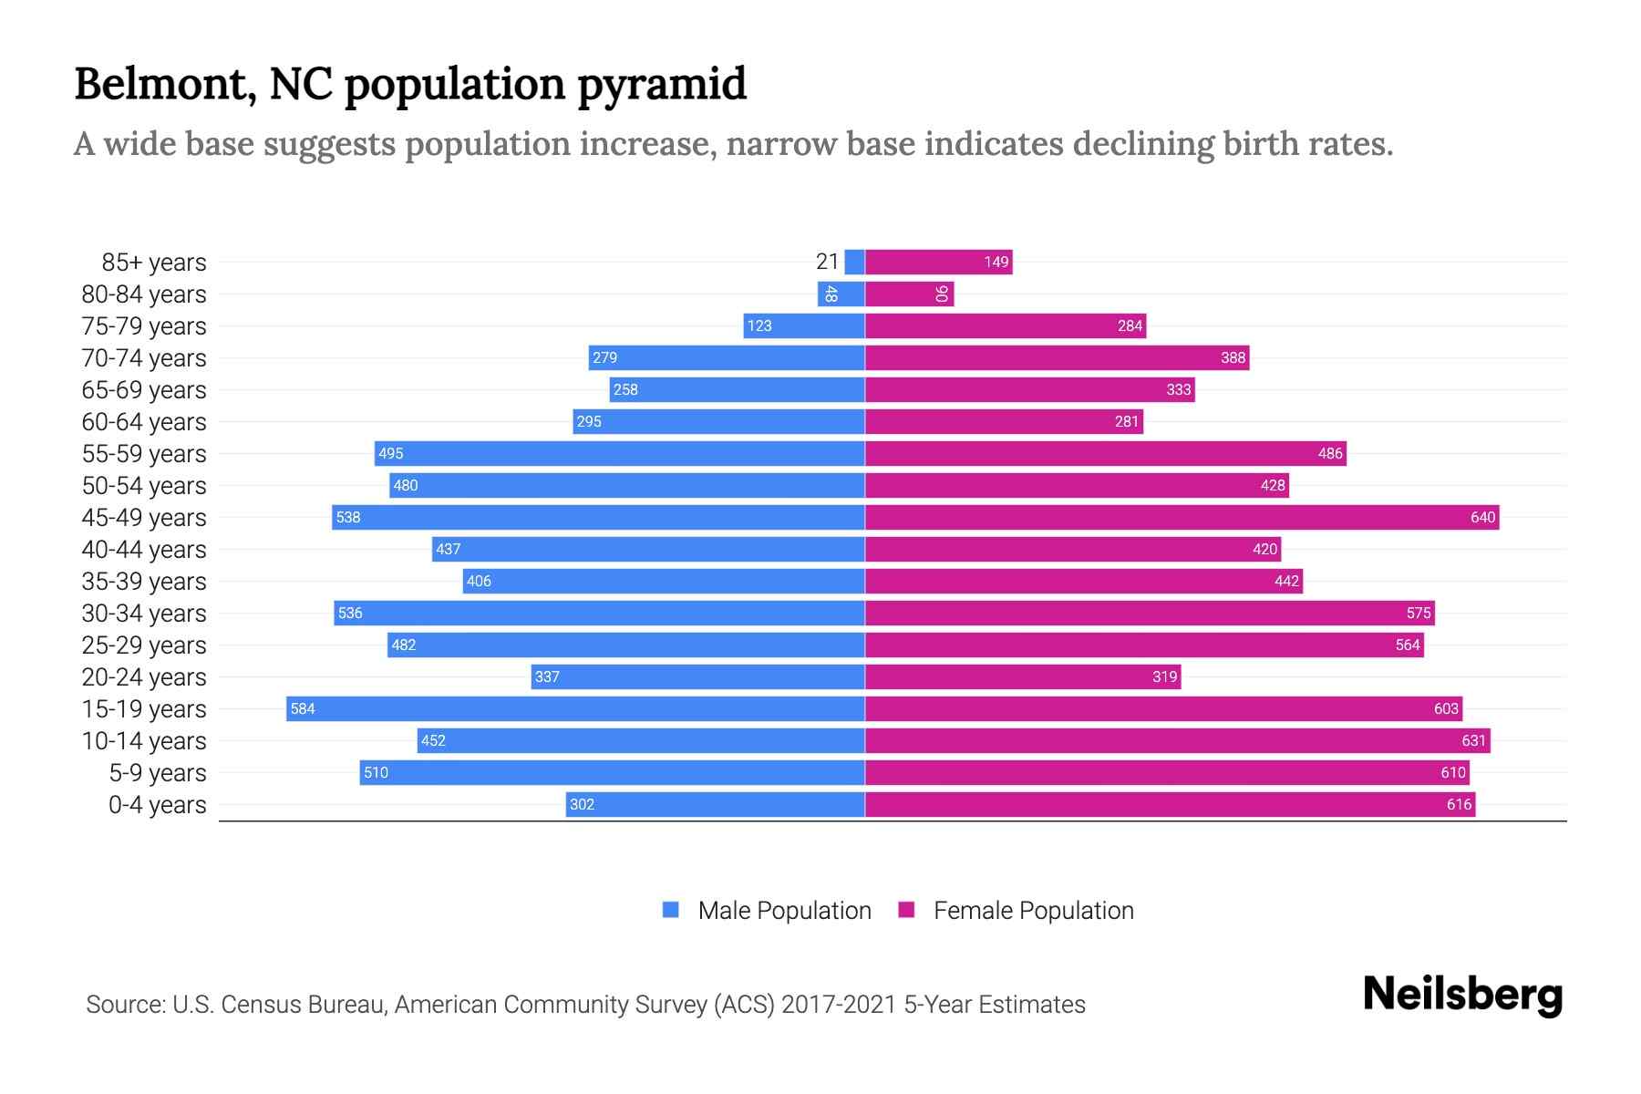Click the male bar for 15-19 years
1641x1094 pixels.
[575, 708]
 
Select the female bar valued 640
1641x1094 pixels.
[1182, 517]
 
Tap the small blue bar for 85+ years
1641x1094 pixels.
[854, 262]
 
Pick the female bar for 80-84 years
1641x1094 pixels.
[909, 294]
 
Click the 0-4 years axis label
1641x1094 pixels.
[157, 805]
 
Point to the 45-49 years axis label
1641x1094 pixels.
[144, 518]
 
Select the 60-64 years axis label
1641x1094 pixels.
[144, 422]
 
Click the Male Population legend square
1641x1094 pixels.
[671, 910]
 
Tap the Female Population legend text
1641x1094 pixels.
[1033, 911]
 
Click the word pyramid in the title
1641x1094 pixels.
[662, 85]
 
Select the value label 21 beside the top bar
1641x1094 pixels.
[827, 262]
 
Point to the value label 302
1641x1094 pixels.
[582, 804]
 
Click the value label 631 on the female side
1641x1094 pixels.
[1473, 740]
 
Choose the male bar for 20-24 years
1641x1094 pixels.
[697, 676]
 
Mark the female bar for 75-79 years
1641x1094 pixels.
[1005, 325]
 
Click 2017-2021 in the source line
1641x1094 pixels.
[839, 1005]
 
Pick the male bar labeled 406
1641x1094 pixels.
[663, 581]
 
